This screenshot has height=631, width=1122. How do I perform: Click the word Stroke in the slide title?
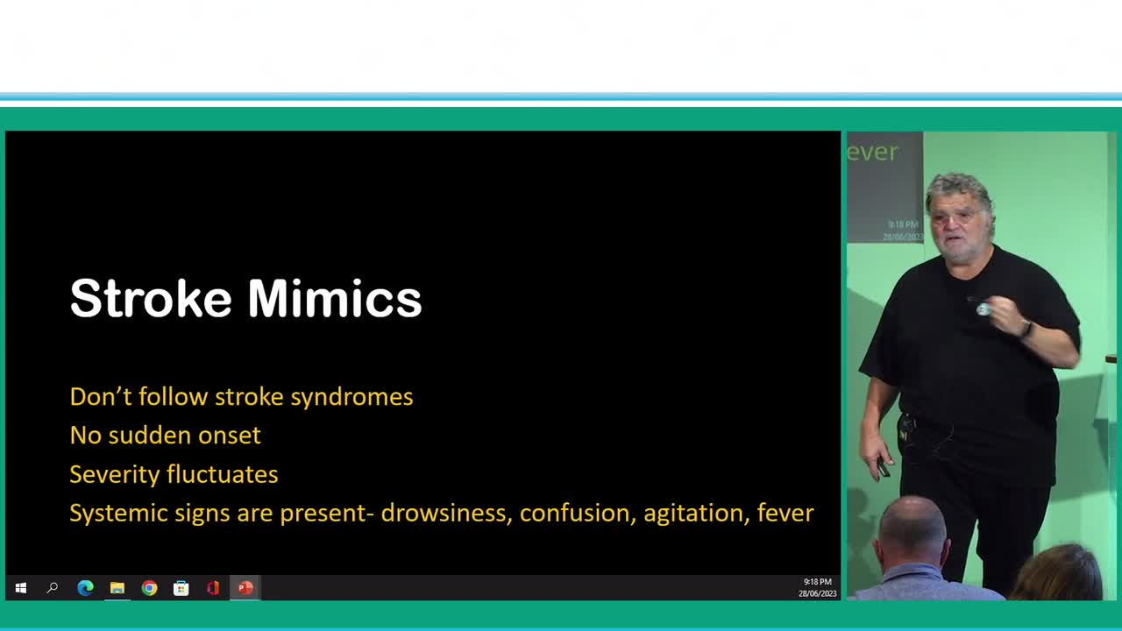[151, 299]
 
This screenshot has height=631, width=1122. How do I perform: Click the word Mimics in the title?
[335, 299]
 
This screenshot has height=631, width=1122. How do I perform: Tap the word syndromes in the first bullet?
[352, 398]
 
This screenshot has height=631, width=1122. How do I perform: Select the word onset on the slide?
[229, 436]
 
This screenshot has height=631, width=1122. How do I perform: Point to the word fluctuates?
[222, 474]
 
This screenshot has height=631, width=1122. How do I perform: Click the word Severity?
[114, 475]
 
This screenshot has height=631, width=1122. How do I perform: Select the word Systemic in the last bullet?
[118, 514]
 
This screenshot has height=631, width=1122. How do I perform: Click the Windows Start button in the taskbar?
[20, 588]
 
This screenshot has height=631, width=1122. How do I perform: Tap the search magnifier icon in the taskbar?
[52, 588]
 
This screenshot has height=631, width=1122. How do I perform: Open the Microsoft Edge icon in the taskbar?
[85, 588]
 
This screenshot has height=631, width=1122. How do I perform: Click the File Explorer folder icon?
[117, 588]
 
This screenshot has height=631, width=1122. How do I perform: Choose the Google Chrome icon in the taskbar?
[149, 588]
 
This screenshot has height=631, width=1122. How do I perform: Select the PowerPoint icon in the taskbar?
[245, 588]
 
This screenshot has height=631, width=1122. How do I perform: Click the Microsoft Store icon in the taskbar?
[181, 588]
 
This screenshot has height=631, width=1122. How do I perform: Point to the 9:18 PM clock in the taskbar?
[818, 582]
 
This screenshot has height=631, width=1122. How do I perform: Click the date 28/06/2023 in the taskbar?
[818, 593]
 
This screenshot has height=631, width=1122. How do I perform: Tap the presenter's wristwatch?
[1026, 330]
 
